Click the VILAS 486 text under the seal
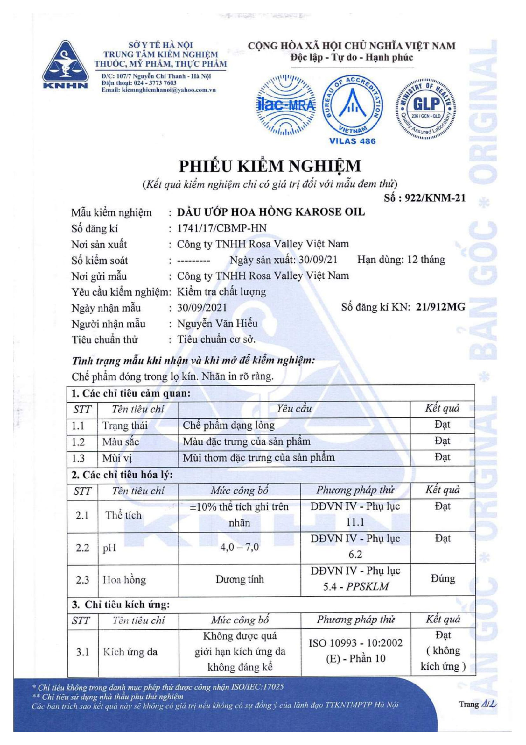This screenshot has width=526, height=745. tap(352, 141)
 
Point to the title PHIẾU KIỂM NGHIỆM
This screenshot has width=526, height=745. tap(270, 166)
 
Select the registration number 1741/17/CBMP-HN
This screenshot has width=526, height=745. tap(222, 228)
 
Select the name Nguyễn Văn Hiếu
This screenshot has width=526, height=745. tap(217, 324)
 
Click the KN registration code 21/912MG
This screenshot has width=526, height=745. tap(440, 307)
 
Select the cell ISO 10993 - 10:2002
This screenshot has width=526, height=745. tap(355, 643)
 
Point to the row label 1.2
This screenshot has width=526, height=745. tap(78, 442)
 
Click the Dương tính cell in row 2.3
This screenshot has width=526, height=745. tap(240, 579)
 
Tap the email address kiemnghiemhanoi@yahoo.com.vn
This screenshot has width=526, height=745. tap(159, 90)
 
